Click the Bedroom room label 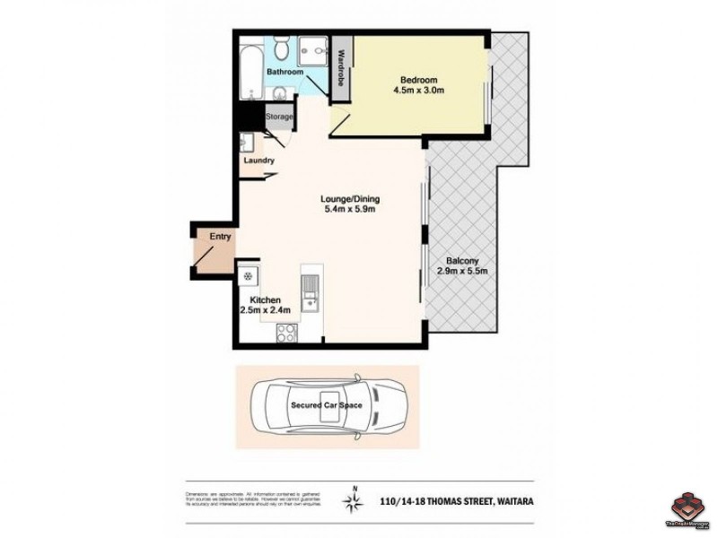point(413,78)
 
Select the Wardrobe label point(342,67)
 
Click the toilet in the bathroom point(281,48)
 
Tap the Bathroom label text point(285,72)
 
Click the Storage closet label point(279,117)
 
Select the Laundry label point(258,161)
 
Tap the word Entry point(220,237)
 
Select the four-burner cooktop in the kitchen point(287,334)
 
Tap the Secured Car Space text point(326,405)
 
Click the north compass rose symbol point(355,500)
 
